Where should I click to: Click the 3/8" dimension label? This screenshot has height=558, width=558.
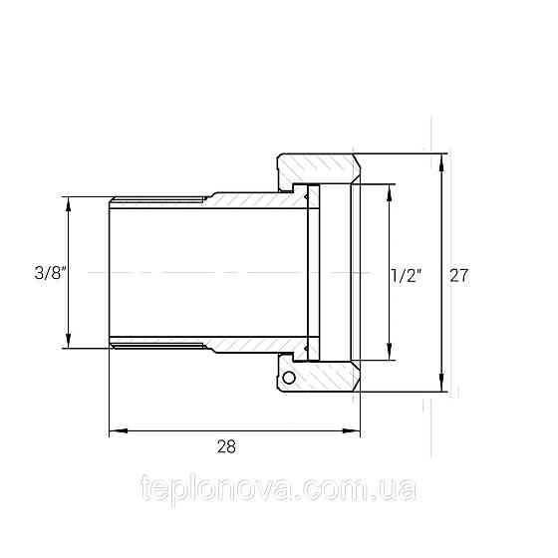[50, 273]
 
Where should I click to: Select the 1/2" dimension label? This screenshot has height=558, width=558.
[407, 276]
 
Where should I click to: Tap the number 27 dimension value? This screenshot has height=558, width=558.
[459, 275]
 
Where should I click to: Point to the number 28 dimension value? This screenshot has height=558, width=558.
[226, 446]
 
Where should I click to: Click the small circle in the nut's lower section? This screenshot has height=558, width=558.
[289, 378]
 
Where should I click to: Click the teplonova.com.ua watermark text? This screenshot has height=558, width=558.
[279, 488]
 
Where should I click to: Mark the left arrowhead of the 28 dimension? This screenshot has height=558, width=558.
[119, 430]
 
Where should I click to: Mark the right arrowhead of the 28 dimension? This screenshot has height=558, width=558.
[351, 430]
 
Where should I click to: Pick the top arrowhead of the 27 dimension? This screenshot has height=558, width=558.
[442, 163]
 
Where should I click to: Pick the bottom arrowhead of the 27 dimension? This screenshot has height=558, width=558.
[442, 383]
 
